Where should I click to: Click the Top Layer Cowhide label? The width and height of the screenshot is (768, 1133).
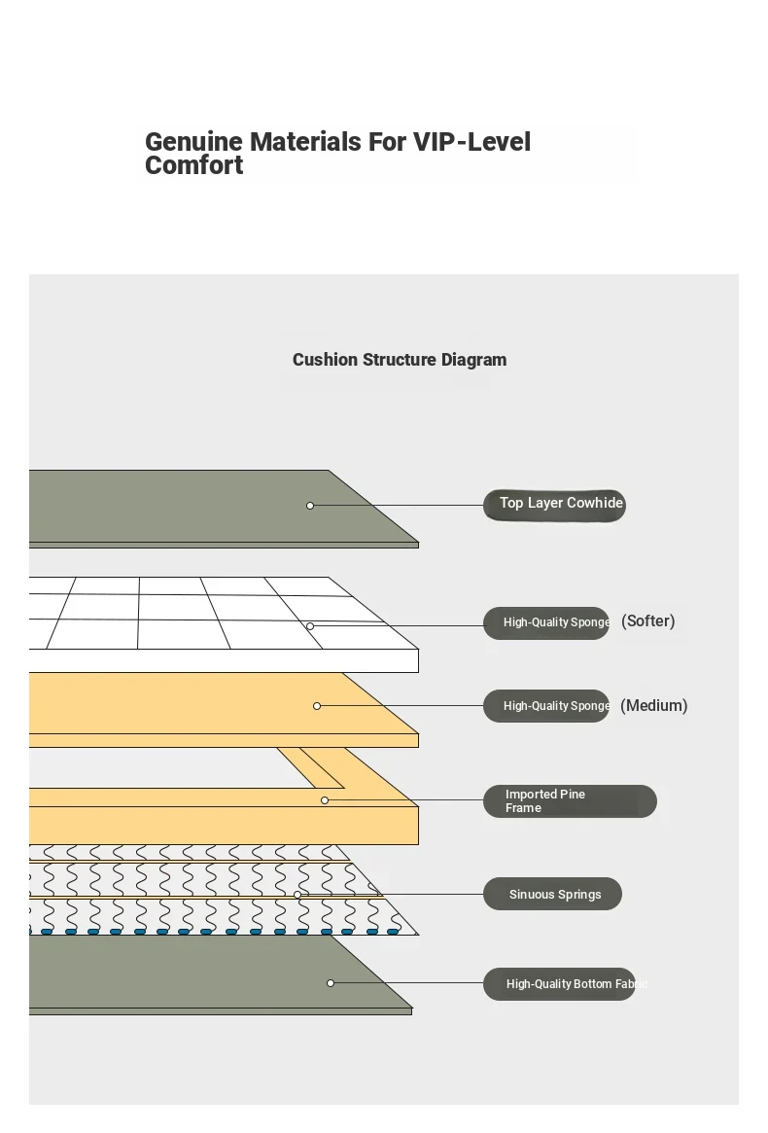click(x=554, y=505)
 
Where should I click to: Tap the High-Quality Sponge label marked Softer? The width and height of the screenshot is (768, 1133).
click(x=546, y=622)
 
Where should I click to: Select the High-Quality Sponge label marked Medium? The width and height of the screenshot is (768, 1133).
click(x=546, y=706)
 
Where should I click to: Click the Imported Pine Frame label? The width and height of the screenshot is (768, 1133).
click(x=570, y=801)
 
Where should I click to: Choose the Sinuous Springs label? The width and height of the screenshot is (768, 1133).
click(x=553, y=894)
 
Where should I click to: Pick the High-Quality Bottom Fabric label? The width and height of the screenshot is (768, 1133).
click(x=559, y=984)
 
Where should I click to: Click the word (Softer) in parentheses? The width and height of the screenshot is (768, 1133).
click(x=648, y=621)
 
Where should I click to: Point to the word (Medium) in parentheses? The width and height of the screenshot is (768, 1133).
click(x=654, y=706)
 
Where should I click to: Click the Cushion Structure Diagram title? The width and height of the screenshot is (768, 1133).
click(x=400, y=360)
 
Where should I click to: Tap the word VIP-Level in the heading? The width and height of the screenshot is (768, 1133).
click(x=471, y=142)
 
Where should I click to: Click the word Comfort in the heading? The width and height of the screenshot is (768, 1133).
click(x=193, y=165)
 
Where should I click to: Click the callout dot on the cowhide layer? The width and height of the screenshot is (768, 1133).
click(x=310, y=506)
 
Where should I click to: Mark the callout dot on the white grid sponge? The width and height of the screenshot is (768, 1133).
click(x=310, y=626)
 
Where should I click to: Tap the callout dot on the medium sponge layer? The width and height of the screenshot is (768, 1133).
click(x=317, y=706)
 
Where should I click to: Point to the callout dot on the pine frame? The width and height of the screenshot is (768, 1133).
click(x=325, y=800)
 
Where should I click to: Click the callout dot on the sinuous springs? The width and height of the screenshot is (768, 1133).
click(x=297, y=895)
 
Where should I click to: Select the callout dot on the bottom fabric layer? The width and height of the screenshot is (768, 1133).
click(x=331, y=983)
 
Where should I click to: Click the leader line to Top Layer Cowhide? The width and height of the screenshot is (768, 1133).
click(x=398, y=505)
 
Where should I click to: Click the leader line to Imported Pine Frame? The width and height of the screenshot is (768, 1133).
click(x=405, y=799)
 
